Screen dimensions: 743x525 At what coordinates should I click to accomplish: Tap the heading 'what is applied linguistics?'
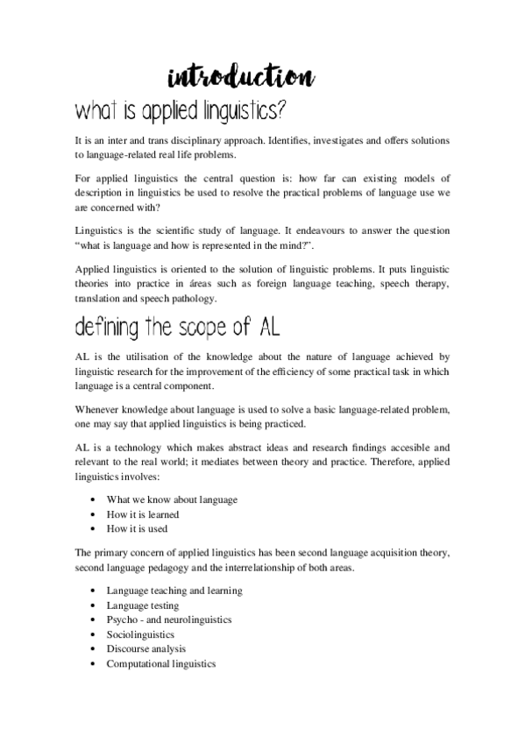pos(181,112)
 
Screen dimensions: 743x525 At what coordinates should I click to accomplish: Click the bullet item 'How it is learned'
pos(142,513)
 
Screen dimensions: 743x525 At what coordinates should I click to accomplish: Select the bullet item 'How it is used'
pos(137,528)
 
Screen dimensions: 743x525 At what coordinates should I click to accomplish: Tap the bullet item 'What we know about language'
pos(171,499)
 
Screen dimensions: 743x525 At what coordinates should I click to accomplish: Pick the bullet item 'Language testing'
pos(142,605)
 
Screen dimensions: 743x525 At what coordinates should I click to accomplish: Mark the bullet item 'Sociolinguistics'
pos(140,634)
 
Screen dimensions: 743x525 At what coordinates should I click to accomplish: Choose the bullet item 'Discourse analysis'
pos(145,649)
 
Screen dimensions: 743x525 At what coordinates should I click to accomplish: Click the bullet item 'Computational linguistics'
pos(160,663)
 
